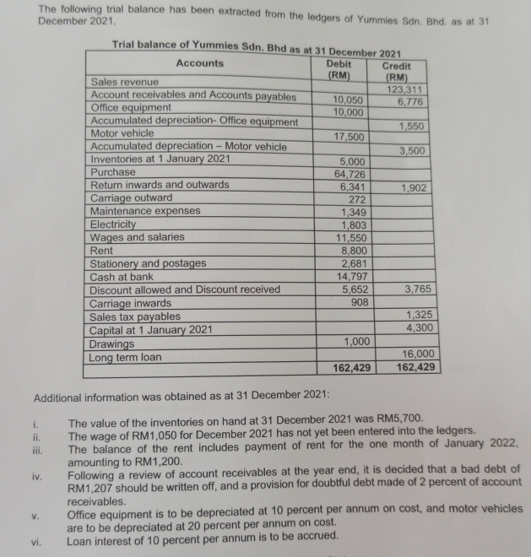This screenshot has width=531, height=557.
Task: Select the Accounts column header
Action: pyautogui.click(x=200, y=63)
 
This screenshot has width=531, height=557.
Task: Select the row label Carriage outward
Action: pyautogui.click(x=131, y=197)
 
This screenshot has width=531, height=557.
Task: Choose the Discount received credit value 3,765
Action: pyautogui.click(x=420, y=289)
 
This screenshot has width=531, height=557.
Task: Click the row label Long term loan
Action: pyautogui.click(x=127, y=357)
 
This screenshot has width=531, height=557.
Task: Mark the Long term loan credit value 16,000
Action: pyautogui.click(x=420, y=354)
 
